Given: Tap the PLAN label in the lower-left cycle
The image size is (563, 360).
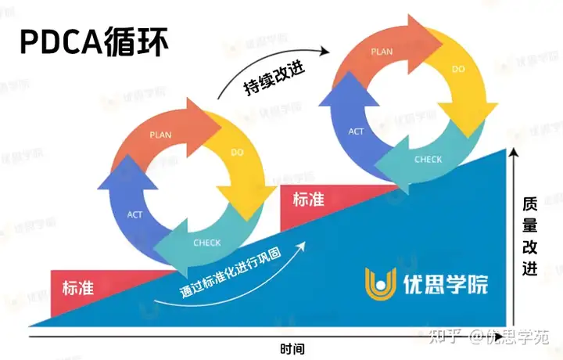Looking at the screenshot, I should pyautogui.click(x=160, y=134).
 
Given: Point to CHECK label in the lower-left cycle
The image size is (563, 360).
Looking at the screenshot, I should pyautogui.click(x=207, y=242).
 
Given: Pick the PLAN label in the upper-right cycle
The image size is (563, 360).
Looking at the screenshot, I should pyautogui.click(x=382, y=52).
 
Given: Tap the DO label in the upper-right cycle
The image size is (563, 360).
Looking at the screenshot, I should pyautogui.click(x=460, y=70).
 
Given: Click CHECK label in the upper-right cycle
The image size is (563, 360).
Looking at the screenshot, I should pyautogui.click(x=429, y=160).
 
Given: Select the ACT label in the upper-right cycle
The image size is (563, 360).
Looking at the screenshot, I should pyautogui.click(x=356, y=131).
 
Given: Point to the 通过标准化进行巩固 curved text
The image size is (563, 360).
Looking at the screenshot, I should pyautogui.click(x=235, y=273).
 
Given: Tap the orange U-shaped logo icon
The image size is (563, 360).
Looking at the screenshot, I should pyautogui.click(x=381, y=283).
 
